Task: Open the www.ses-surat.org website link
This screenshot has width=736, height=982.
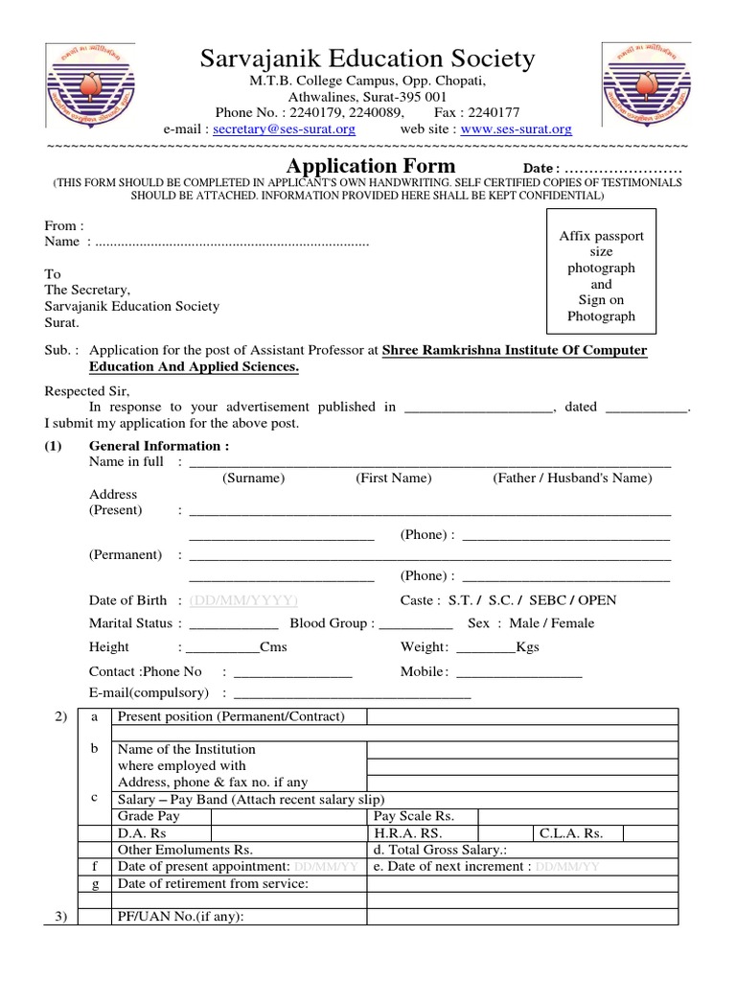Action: (x=516, y=129)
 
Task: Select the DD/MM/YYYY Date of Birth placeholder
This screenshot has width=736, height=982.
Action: (x=243, y=600)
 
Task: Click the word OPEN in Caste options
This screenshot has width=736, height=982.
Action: (x=596, y=600)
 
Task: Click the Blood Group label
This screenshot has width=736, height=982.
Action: (x=332, y=623)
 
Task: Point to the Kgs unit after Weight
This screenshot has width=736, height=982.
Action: (x=527, y=647)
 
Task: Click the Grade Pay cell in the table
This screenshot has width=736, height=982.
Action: (x=148, y=816)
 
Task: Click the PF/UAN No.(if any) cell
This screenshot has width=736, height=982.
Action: (x=180, y=917)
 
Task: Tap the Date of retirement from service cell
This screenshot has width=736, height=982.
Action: (x=213, y=883)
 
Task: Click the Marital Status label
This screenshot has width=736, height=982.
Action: (x=130, y=623)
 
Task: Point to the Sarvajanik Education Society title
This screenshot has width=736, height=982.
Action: (x=367, y=59)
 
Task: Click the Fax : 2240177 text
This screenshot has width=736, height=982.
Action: (x=475, y=112)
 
